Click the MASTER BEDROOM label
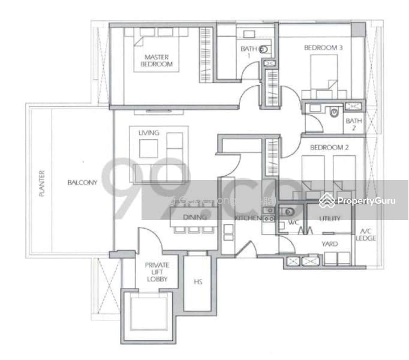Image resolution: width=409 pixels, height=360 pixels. click(157, 61)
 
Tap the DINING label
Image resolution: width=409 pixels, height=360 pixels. click(196, 217)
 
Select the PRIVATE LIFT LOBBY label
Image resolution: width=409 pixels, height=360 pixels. click(157, 272)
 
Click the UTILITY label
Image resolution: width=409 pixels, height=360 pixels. click(330, 220)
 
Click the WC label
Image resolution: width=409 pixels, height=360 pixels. click(293, 223)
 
